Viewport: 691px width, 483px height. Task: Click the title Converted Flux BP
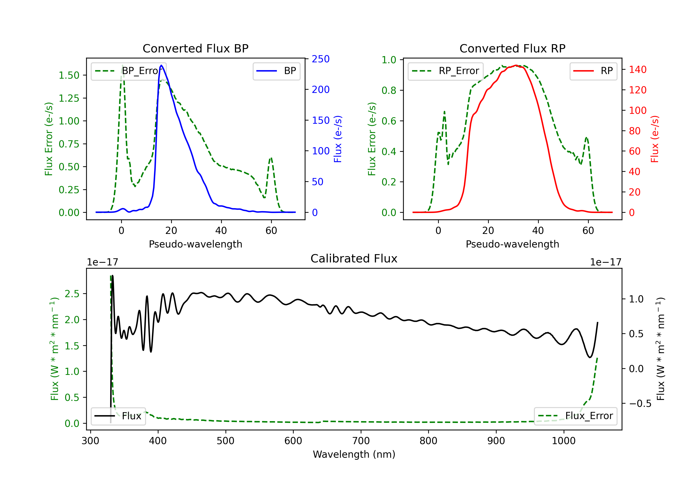[195, 48]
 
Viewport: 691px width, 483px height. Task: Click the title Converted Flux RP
[512, 48]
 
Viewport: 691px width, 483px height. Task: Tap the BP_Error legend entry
[129, 71]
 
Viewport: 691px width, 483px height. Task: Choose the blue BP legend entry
[276, 71]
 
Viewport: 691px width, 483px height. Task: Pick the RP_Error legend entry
[445, 71]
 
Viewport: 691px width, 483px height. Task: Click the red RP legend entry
[593, 71]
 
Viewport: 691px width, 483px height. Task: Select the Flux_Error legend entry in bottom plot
[575, 416]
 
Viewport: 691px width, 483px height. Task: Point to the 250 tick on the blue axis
[321, 59]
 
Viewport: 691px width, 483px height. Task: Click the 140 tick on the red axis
[637, 70]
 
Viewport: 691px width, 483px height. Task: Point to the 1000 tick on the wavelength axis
[563, 441]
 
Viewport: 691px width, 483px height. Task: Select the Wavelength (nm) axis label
[354, 454]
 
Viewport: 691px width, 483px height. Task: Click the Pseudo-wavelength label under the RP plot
[512, 244]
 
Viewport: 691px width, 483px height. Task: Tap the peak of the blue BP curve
[161, 65]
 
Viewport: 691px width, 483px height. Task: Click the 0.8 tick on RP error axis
[389, 90]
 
